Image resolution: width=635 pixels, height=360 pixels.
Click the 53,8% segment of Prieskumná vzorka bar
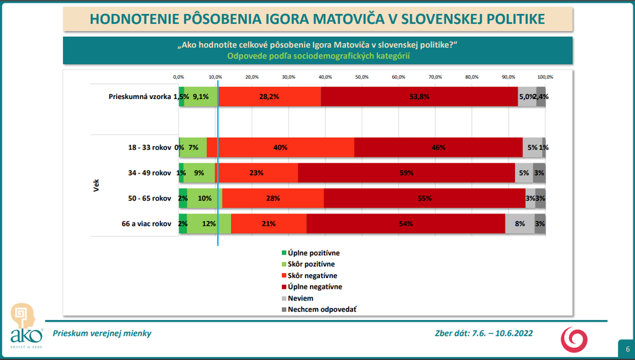click(x=419, y=97)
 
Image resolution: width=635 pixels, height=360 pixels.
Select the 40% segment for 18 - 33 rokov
click(x=280, y=147)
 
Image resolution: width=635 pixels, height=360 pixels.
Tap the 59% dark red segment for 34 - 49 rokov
click(x=406, y=173)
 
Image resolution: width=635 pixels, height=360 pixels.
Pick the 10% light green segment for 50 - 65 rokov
click(x=204, y=198)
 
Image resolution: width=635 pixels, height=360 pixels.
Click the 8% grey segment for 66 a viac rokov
click(x=519, y=223)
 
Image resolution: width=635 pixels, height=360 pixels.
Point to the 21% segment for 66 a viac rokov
click(x=269, y=223)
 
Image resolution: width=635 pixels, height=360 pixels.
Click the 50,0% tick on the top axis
click(x=361, y=77)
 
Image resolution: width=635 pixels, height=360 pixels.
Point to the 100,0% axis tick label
click(x=545, y=77)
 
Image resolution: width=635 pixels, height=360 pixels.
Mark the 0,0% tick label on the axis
click(x=179, y=77)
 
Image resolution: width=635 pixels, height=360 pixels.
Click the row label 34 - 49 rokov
click(x=149, y=173)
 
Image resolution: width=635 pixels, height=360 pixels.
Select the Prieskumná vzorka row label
click(x=139, y=97)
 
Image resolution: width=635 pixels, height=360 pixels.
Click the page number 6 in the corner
click(x=627, y=349)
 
